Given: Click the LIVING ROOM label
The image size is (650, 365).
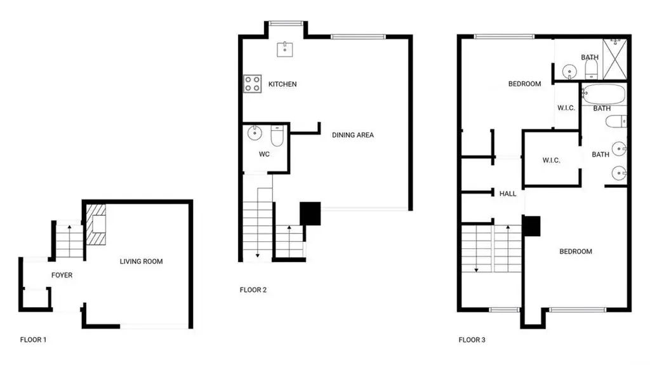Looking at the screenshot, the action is [x=141, y=262].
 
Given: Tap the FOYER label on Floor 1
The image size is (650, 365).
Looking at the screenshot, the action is [x=62, y=275].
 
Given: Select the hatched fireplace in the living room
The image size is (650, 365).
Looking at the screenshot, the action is [x=96, y=224].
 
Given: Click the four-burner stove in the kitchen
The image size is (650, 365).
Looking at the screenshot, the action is [x=253, y=83].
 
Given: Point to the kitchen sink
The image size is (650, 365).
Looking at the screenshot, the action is [x=285, y=49].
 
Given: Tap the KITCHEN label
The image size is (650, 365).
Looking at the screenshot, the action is [x=282, y=84].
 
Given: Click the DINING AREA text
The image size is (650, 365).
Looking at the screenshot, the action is [x=353, y=135].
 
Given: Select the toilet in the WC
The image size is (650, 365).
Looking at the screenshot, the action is [x=277, y=136].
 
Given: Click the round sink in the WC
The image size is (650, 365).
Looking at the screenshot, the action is [x=255, y=133].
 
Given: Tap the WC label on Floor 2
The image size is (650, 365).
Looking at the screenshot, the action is [x=264, y=154].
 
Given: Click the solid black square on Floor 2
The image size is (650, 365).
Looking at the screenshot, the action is [x=310, y=214].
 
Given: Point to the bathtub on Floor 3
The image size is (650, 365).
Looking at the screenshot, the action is [x=604, y=94].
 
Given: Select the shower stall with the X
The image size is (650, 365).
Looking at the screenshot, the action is [x=614, y=58].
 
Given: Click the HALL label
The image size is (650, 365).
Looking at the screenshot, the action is [x=508, y=194].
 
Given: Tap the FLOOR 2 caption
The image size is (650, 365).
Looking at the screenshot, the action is [x=253, y=290].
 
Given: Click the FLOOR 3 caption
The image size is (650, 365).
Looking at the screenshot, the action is [x=472, y=340].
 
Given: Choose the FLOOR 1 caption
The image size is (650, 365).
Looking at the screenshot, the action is [x=33, y=340].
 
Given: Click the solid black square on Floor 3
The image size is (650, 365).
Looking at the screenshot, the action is [x=531, y=226].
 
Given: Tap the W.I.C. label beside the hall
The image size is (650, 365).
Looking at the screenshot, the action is [x=552, y=160].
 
